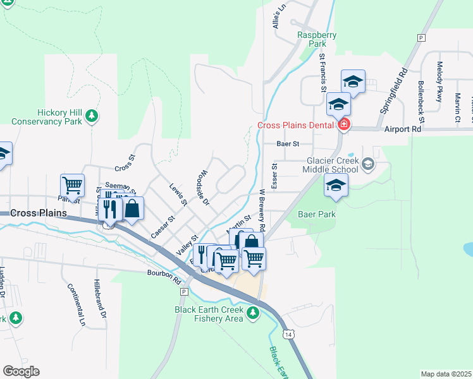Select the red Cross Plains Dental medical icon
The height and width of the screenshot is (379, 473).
(343, 124)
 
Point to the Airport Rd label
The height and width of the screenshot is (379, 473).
(402, 128)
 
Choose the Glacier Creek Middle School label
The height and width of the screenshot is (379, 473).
(329, 165)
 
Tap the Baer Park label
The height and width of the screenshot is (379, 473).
(319, 214)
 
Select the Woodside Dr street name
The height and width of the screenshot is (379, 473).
(202, 188)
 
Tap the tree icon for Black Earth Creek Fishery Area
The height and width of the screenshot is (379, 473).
(253, 312)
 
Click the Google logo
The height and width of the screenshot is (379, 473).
(21, 371)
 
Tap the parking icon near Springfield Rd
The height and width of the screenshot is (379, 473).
(420, 38)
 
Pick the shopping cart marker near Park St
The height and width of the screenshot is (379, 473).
(72, 185)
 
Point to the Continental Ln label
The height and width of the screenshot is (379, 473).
(75, 304)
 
